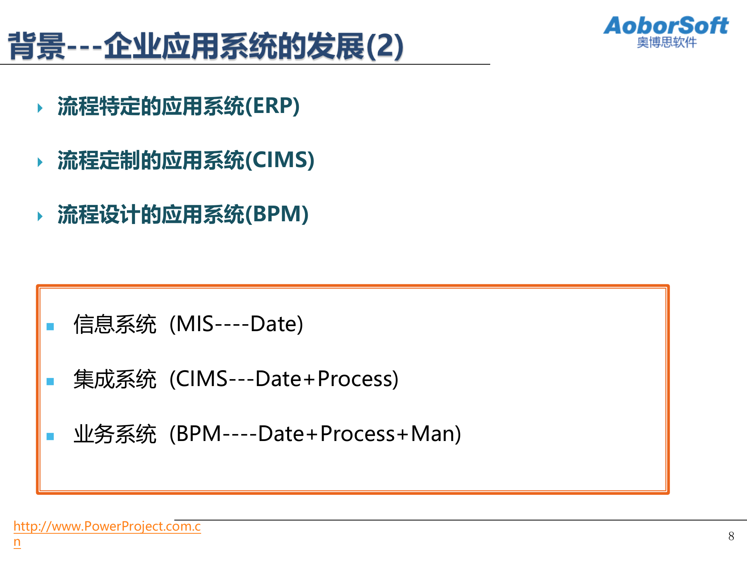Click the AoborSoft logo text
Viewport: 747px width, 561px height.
[666, 26]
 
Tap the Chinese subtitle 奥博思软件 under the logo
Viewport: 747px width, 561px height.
[666, 42]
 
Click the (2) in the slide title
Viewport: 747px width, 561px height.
[384, 46]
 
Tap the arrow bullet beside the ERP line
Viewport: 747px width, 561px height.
[40, 108]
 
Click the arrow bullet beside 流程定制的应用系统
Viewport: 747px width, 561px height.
[40, 162]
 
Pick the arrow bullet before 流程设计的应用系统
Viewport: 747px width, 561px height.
[40, 216]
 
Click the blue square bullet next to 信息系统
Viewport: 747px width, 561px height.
[50, 326]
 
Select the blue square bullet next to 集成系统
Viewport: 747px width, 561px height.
[50, 381]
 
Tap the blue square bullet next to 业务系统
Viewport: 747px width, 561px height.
[50, 436]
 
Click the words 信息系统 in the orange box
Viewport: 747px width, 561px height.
[115, 324]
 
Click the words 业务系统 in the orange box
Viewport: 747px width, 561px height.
[115, 434]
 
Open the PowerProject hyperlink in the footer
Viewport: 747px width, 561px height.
[107, 526]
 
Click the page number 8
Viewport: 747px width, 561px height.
[731, 536]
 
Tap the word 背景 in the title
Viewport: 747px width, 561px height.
[37, 46]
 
